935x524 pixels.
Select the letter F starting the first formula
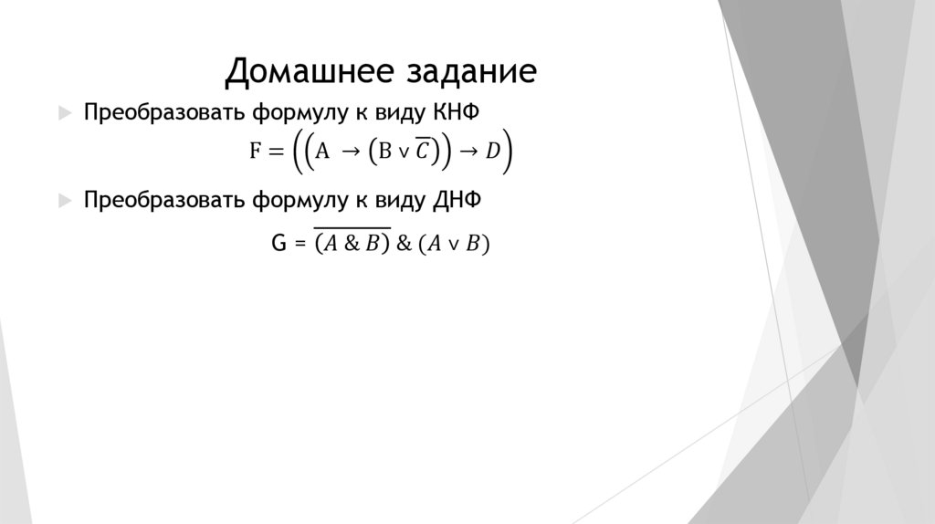[256, 152]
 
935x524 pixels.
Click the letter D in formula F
[493, 152]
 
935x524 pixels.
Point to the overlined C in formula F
[421, 151]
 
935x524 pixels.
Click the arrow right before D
[467, 152]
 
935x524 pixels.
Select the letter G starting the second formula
[280, 244]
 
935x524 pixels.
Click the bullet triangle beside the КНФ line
[63, 112]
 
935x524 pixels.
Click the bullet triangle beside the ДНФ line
[63, 202]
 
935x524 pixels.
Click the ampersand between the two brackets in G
[404, 245]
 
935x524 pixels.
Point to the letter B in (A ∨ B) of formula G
[472, 245]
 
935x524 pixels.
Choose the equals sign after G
[299, 245]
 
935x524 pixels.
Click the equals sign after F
[277, 152]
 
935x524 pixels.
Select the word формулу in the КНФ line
[296, 112]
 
